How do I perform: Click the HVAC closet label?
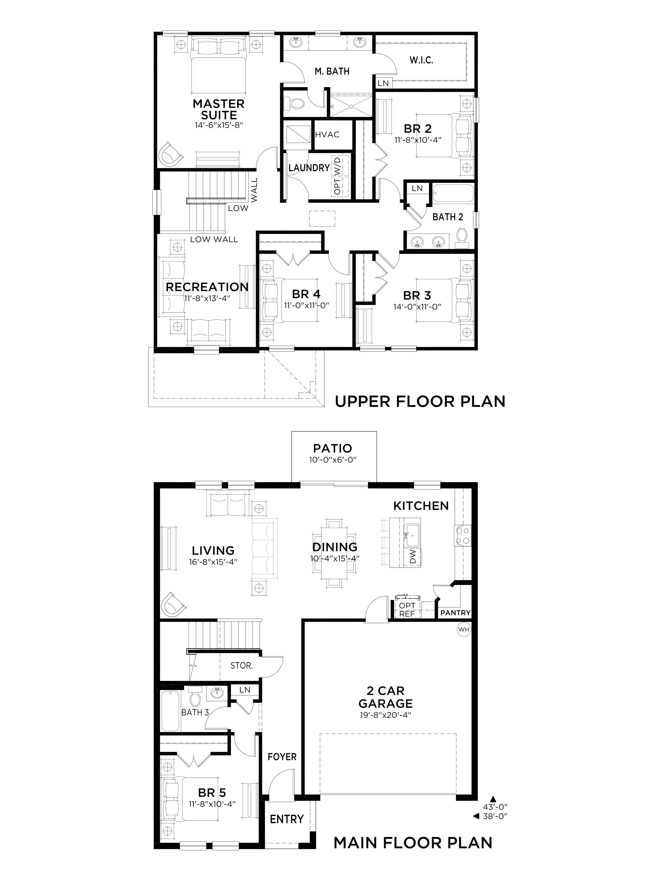[x=327, y=135]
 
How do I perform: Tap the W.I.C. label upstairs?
[x=421, y=60]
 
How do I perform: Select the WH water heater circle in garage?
[x=464, y=630]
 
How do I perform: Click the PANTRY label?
[x=455, y=613]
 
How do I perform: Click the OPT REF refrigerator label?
[x=407, y=610]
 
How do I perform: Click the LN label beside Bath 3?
[x=245, y=690]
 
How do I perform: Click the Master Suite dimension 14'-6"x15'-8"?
[x=219, y=125]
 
